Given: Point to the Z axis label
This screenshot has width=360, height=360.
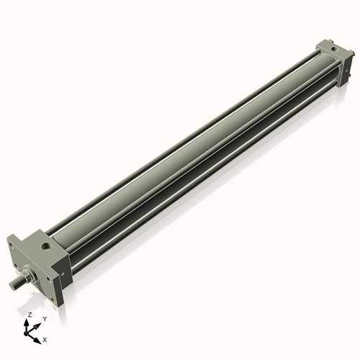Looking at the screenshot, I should point(29,315).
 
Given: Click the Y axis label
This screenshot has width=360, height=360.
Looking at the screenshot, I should point(44,318).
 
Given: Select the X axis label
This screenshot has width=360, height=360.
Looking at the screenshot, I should point(45,338).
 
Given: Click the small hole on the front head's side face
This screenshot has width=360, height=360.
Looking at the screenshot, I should point(66,273).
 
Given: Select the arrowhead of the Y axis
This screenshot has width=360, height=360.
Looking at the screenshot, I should point(38,323).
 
